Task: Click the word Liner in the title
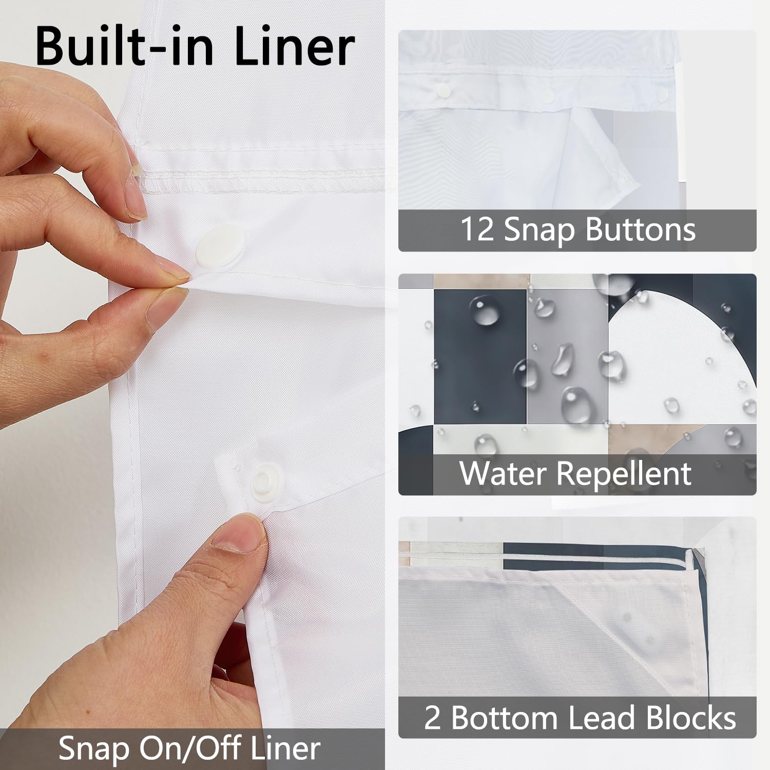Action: pos(294,47)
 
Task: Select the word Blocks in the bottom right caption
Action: pos(691,717)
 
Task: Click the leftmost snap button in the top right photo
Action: pos(442,91)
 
